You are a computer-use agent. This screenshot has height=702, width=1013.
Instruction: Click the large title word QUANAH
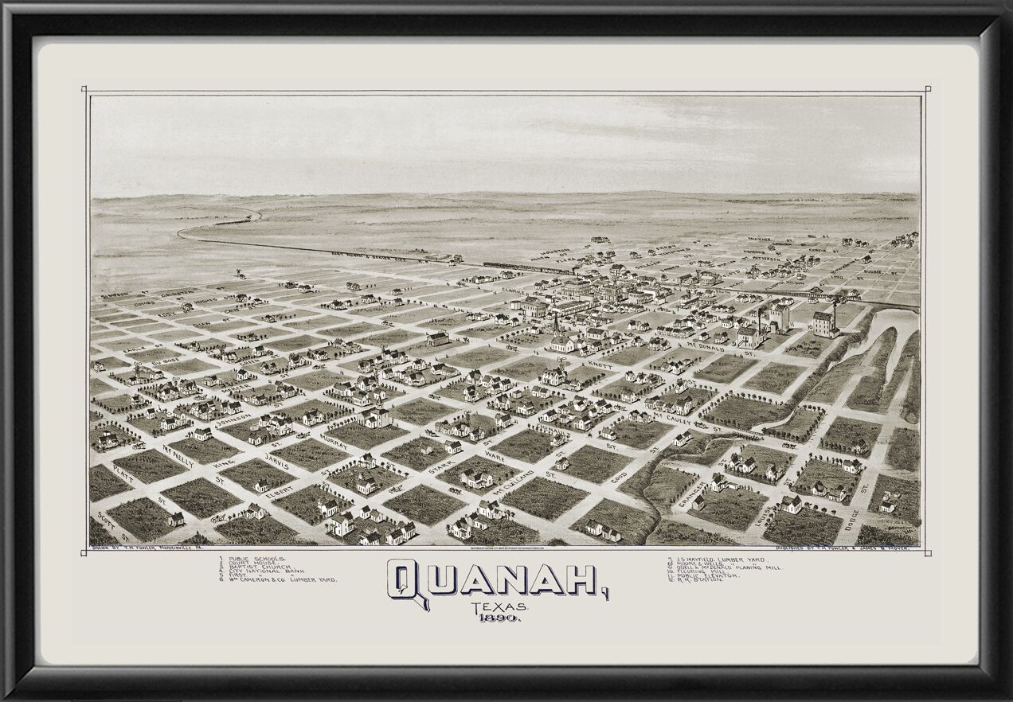click(x=497, y=579)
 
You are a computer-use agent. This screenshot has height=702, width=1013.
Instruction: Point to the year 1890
click(x=499, y=618)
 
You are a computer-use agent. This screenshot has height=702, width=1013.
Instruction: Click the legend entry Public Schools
click(x=256, y=560)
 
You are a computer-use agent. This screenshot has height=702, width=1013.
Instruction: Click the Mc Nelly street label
click(x=178, y=455)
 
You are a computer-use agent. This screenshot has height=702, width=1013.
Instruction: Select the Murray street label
click(x=334, y=443)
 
